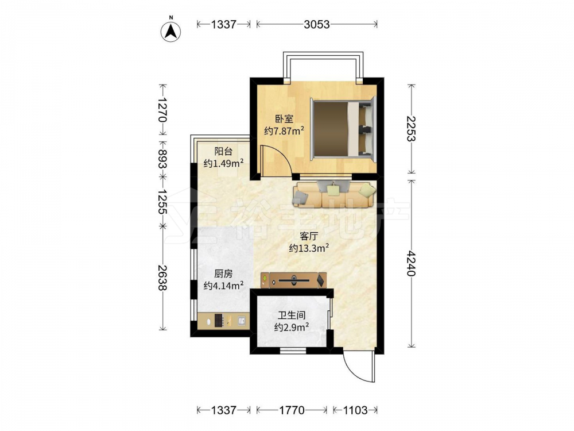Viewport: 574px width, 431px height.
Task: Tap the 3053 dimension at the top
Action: click(317, 24)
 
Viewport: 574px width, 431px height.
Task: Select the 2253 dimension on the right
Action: click(412, 129)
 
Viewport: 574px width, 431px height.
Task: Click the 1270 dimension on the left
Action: click(163, 110)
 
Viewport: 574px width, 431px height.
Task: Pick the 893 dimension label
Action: click(163, 159)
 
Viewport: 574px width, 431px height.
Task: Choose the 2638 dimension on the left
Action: click(163, 278)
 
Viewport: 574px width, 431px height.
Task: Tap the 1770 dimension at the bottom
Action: click(292, 410)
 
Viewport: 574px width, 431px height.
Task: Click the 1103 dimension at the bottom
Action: click(355, 410)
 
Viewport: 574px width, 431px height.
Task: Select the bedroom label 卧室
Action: click(284, 119)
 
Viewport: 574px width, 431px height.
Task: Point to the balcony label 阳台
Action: click(223, 151)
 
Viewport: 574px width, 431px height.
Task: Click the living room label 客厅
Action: click(309, 236)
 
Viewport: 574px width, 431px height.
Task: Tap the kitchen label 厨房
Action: click(223, 274)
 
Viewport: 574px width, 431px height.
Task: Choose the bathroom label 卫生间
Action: click(292, 315)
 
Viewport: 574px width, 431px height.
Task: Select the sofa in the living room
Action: click(334, 194)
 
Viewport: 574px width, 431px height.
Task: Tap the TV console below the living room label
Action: click(293, 280)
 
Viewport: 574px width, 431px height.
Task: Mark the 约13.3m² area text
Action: click(309, 248)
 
